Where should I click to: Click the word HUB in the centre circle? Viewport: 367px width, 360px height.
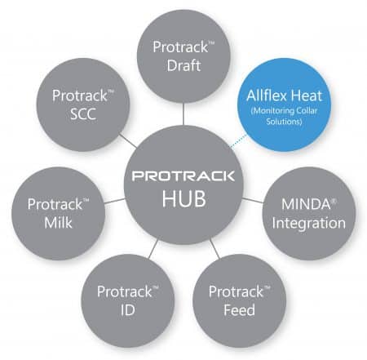[184, 198]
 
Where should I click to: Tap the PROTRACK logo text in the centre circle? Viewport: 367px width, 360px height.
[183, 176]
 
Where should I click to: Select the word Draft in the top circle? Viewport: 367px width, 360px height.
[183, 65]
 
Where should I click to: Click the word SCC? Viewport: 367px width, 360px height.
[83, 113]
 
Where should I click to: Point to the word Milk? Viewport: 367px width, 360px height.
[58, 223]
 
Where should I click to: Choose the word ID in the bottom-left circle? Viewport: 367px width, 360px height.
[128, 310]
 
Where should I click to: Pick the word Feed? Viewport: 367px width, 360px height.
[239, 310]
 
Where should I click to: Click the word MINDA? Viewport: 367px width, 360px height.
[306, 204]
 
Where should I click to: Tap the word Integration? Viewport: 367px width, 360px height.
[309, 223]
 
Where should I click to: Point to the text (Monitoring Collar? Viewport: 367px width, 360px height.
[284, 111]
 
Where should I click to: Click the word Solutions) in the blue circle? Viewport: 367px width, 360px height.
[284, 121]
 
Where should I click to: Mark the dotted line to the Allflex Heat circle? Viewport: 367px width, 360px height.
[238, 141]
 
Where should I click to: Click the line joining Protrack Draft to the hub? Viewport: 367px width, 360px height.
[183, 113]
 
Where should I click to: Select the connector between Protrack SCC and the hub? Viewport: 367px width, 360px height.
[129, 140]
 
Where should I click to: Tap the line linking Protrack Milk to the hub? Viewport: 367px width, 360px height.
[114, 201]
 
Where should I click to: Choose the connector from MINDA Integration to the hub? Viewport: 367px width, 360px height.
[253, 200]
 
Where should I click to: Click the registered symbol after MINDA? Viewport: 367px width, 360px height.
[334, 201]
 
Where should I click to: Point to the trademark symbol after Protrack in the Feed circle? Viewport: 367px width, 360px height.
[268, 288]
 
